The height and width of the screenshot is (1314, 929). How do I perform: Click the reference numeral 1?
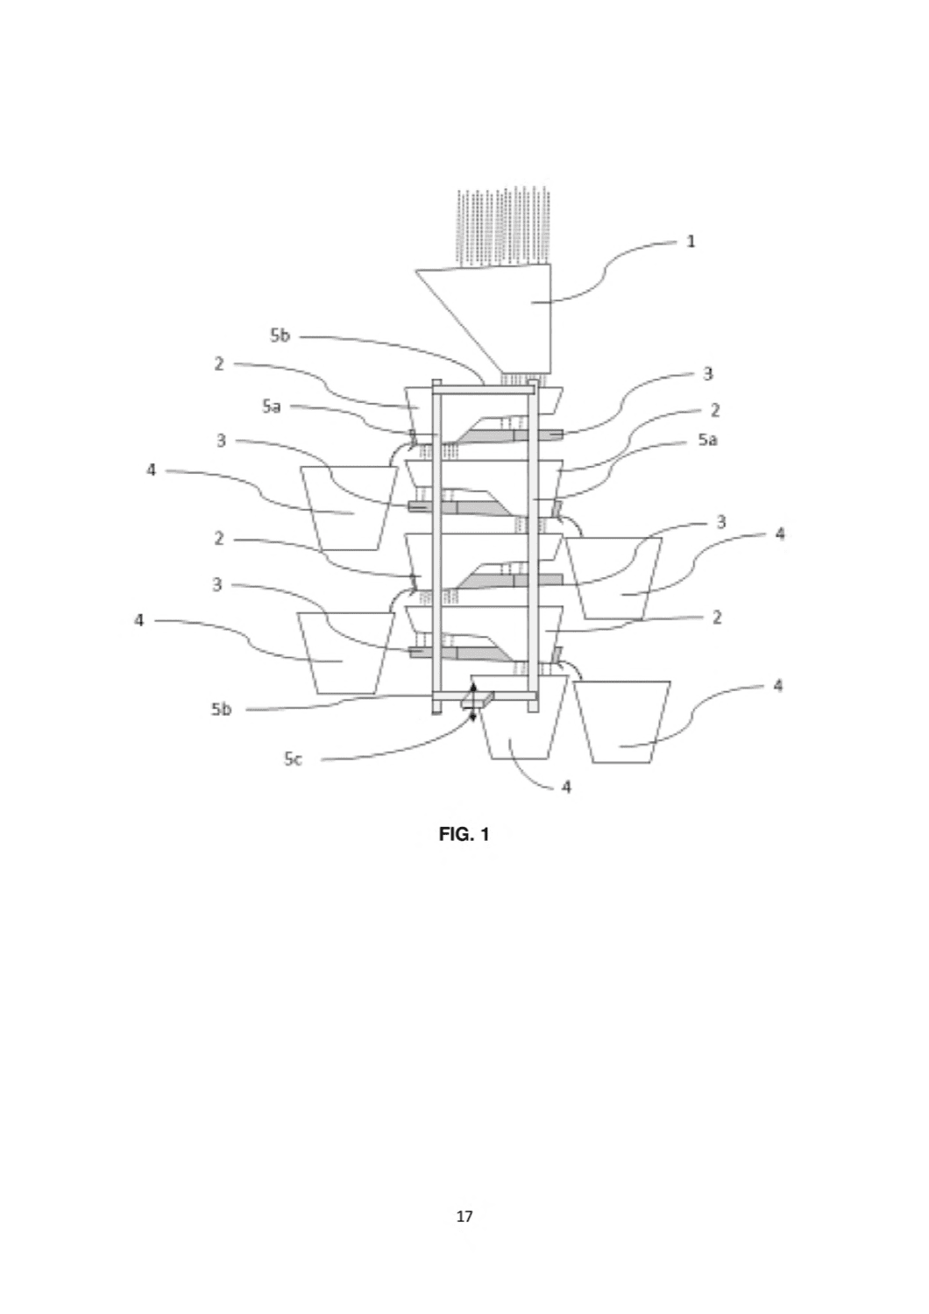(691, 241)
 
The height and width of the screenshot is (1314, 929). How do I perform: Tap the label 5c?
(293, 759)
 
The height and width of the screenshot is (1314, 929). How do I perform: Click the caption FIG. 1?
(464, 834)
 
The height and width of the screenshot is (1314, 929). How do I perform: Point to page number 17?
(464, 1217)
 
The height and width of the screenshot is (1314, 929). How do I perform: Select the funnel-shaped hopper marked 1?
(499, 319)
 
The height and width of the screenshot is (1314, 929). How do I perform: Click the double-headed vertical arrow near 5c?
(473, 702)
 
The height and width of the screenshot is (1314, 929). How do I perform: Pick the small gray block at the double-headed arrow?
(477, 699)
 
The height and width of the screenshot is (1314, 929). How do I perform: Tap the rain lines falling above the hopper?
(503, 228)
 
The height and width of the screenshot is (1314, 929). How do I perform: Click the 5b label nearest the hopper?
(280, 336)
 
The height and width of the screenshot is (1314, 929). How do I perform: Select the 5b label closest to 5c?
(221, 710)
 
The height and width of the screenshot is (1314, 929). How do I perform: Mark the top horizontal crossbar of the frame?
(484, 390)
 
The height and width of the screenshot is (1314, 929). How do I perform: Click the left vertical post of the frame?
(436, 546)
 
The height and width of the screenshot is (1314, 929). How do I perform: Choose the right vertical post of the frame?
(533, 546)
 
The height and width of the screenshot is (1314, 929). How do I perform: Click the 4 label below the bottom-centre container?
(566, 787)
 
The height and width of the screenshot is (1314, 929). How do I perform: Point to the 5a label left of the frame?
(271, 406)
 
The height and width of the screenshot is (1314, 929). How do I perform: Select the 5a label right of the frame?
(707, 440)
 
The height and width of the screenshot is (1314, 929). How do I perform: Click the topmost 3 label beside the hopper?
(708, 374)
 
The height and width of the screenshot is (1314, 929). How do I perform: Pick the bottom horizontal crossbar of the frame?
(485, 696)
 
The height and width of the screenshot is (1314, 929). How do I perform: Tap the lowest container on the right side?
(622, 722)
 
